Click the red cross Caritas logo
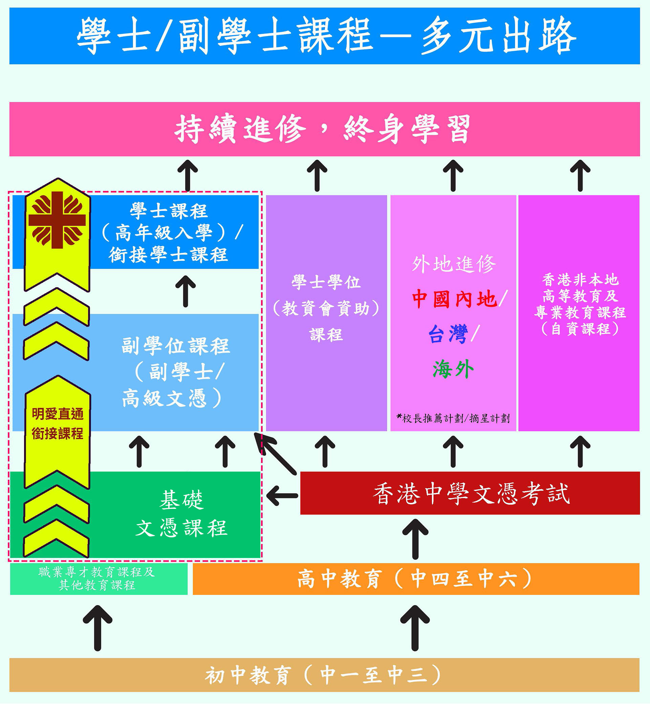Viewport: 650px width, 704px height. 57,220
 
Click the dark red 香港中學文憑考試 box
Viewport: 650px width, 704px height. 470,493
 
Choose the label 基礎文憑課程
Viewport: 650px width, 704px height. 181,514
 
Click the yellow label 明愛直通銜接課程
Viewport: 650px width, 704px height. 58,423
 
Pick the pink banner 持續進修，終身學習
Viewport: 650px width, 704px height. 324,129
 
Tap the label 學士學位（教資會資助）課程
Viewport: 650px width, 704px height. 326,308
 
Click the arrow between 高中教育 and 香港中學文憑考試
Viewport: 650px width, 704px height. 415,539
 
